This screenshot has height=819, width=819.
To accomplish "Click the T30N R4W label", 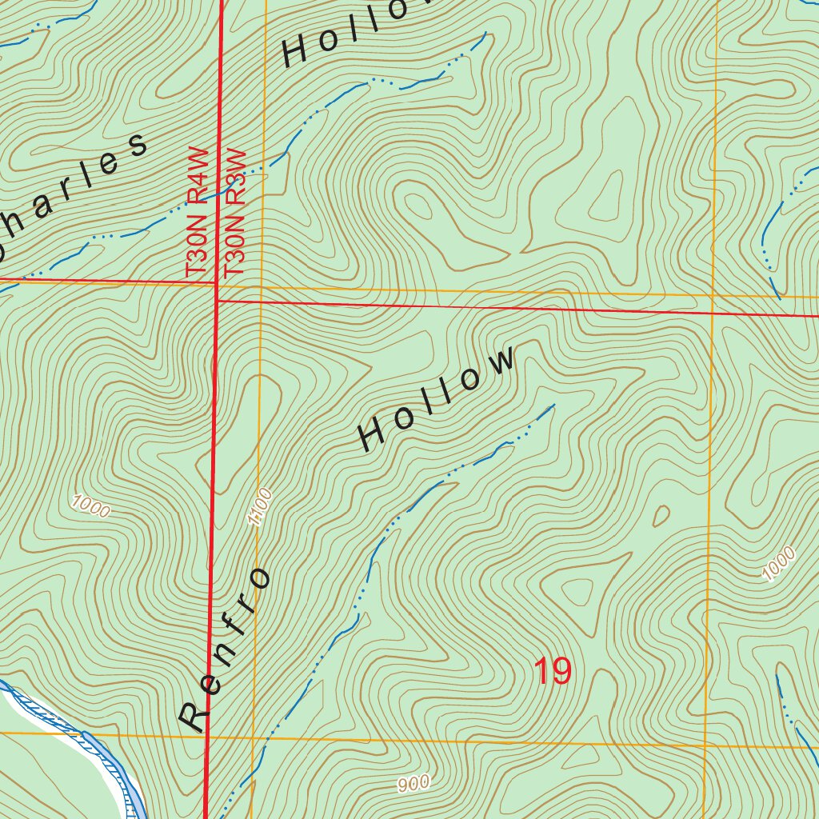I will [197, 213].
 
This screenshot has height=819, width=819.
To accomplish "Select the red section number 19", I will [553, 671].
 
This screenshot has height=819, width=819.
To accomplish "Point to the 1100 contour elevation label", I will [261, 506].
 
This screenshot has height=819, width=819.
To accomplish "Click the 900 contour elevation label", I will [413, 784].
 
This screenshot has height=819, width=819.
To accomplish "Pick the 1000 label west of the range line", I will [90, 506].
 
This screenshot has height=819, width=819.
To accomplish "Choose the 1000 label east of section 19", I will [778, 563].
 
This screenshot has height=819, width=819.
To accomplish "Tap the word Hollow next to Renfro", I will [437, 399].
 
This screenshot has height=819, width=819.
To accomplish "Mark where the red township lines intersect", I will [217, 301].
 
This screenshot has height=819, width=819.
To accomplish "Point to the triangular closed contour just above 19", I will [577, 593].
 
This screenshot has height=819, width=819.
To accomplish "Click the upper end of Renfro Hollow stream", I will [553, 406].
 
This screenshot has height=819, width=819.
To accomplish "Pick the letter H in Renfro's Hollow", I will [373, 436].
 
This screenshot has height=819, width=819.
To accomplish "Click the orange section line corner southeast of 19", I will [705, 746].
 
